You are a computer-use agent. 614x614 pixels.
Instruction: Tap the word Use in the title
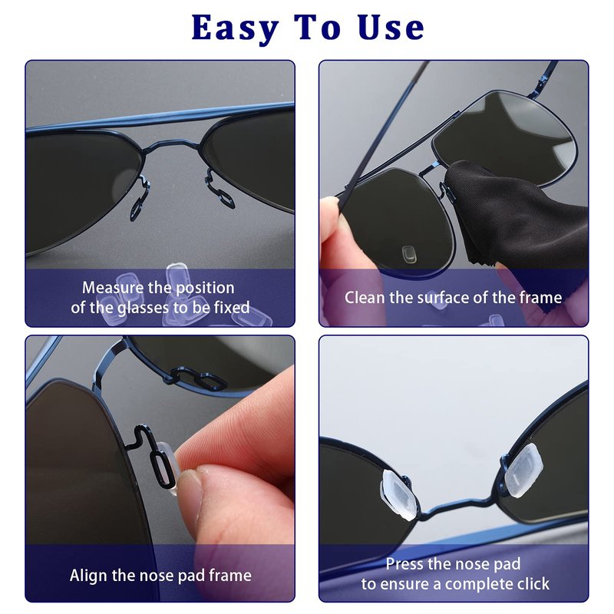point(391,28)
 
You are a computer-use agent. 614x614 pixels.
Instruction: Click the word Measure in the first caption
point(113,288)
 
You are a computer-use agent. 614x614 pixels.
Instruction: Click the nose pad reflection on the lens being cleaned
point(410,255)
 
